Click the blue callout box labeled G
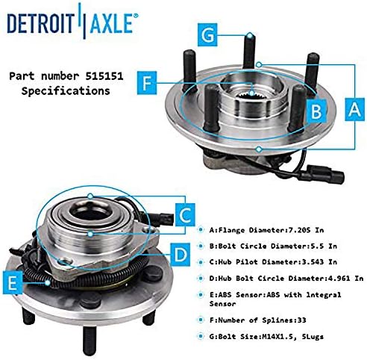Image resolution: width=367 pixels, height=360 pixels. point(207,34)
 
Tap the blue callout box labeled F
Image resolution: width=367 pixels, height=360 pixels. point(147,83)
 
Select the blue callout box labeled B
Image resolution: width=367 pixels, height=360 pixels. point(316,111)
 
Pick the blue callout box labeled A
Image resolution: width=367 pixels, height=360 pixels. point(354,109)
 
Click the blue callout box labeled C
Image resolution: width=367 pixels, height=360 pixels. point(185,214)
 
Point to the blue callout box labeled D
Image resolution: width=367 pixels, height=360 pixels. point(181,255)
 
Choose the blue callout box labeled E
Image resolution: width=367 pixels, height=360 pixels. point(13,283)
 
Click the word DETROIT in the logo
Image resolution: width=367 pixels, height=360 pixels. point(41,23)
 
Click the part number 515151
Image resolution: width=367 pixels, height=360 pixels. point(104,76)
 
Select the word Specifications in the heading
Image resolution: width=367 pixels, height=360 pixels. point(66,91)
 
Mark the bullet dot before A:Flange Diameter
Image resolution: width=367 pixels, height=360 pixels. point(201,229)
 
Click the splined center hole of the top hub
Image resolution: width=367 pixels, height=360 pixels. point(251,95)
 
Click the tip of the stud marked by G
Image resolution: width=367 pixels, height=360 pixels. point(250,35)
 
